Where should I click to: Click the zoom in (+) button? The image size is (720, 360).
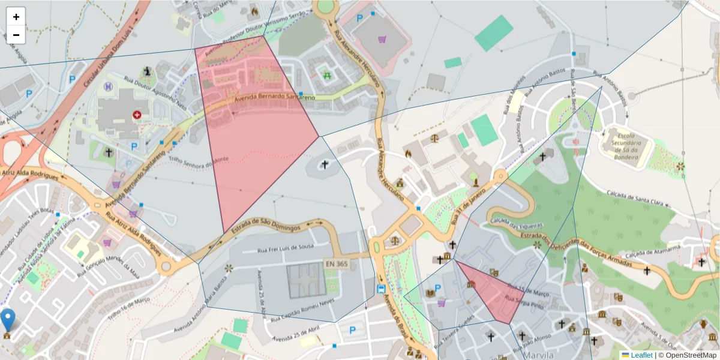pos(16,17)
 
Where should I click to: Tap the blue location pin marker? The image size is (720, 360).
pos(8,320)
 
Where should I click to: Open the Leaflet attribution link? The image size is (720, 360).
pos(641,355)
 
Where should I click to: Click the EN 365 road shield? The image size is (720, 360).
pos(337,264)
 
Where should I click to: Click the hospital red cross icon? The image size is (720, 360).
pos(137,114)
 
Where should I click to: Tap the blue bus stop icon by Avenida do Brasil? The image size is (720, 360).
pos(381,289)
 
